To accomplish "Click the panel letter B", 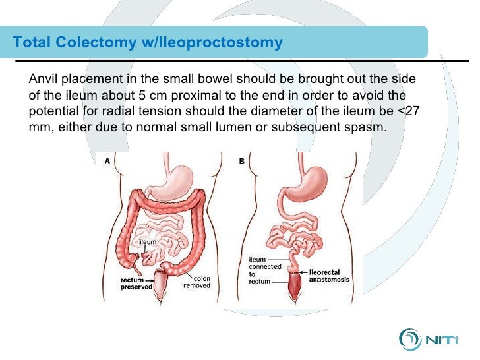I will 241,161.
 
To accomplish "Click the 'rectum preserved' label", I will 136,283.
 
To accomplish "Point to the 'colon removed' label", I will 196,282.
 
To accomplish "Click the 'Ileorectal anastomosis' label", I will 329,276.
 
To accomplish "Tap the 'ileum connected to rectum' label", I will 264,270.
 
